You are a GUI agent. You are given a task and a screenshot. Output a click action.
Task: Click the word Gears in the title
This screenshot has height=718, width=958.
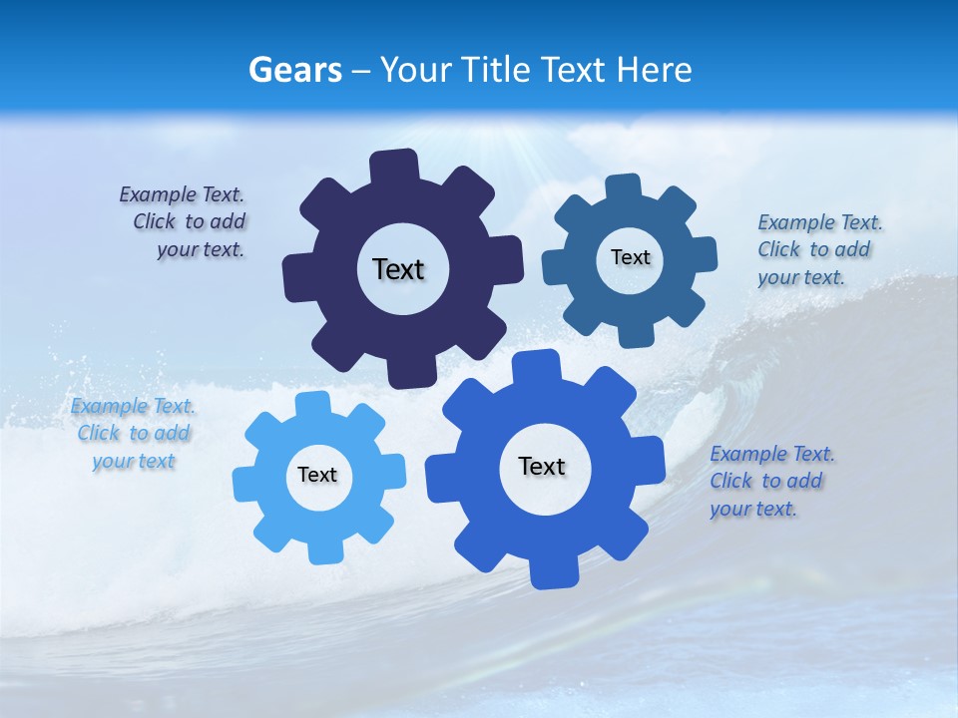tap(294, 70)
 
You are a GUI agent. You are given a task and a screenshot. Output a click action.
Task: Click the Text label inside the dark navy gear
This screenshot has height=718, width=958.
tap(398, 269)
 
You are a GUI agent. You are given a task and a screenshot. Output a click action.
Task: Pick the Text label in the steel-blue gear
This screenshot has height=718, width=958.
tap(630, 257)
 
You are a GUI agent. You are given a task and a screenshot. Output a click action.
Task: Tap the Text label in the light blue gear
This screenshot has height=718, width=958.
tap(317, 475)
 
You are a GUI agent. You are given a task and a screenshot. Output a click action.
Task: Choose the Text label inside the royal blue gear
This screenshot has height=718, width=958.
tap(542, 466)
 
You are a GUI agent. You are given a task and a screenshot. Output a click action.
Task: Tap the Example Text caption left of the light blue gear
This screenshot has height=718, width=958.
tap(133, 433)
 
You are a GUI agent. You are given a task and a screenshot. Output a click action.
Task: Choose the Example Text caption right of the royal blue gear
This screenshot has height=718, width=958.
tap(770, 481)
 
